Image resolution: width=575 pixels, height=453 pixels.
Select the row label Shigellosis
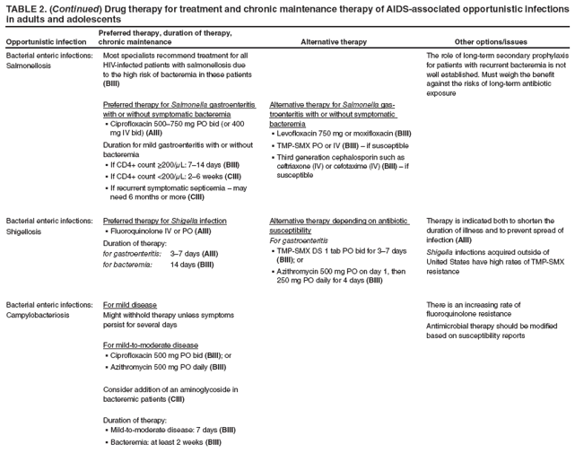[28, 231]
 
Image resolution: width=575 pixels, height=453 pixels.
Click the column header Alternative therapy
[333, 41]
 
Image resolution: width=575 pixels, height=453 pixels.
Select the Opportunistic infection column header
[47, 41]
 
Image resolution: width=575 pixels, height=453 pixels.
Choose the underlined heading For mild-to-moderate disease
[151, 344]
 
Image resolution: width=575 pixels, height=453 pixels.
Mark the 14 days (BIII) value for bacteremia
[191, 265]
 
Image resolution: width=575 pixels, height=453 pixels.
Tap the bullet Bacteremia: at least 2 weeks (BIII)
[163, 442]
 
